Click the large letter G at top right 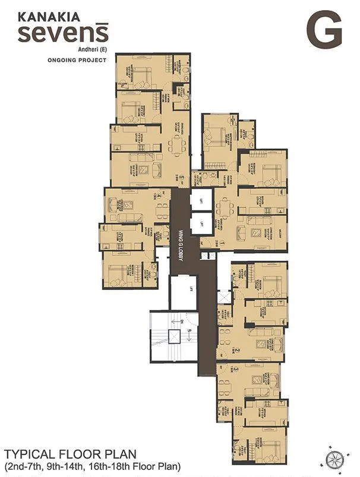pyautogui.click(x=324, y=30)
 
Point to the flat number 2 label pyautogui.click(x=237, y=350)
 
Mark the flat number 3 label pyautogui.click(x=236, y=369)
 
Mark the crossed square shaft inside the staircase pyautogui.click(x=174, y=337)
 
